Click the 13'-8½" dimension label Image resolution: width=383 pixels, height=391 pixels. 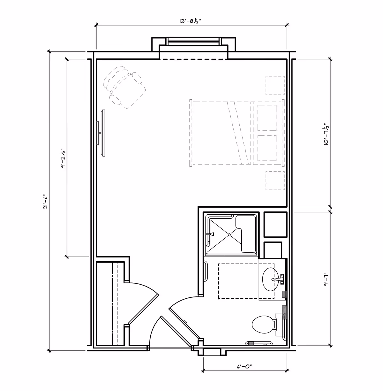[190, 21]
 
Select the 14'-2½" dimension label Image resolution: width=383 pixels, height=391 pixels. [64, 159]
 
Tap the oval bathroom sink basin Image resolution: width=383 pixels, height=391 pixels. [271, 279]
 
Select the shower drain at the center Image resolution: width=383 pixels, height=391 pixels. [229, 234]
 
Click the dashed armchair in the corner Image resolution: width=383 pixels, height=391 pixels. [124, 87]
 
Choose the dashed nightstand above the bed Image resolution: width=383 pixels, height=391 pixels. [275, 85]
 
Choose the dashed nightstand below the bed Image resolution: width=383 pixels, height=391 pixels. [275, 180]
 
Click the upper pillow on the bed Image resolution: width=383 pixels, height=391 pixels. [267, 118]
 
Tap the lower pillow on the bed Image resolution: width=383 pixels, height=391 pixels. [267, 148]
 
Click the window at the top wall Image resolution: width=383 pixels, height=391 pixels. [194, 41]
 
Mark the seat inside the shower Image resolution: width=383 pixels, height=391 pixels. [246, 234]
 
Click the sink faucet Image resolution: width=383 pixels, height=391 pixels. [280, 279]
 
